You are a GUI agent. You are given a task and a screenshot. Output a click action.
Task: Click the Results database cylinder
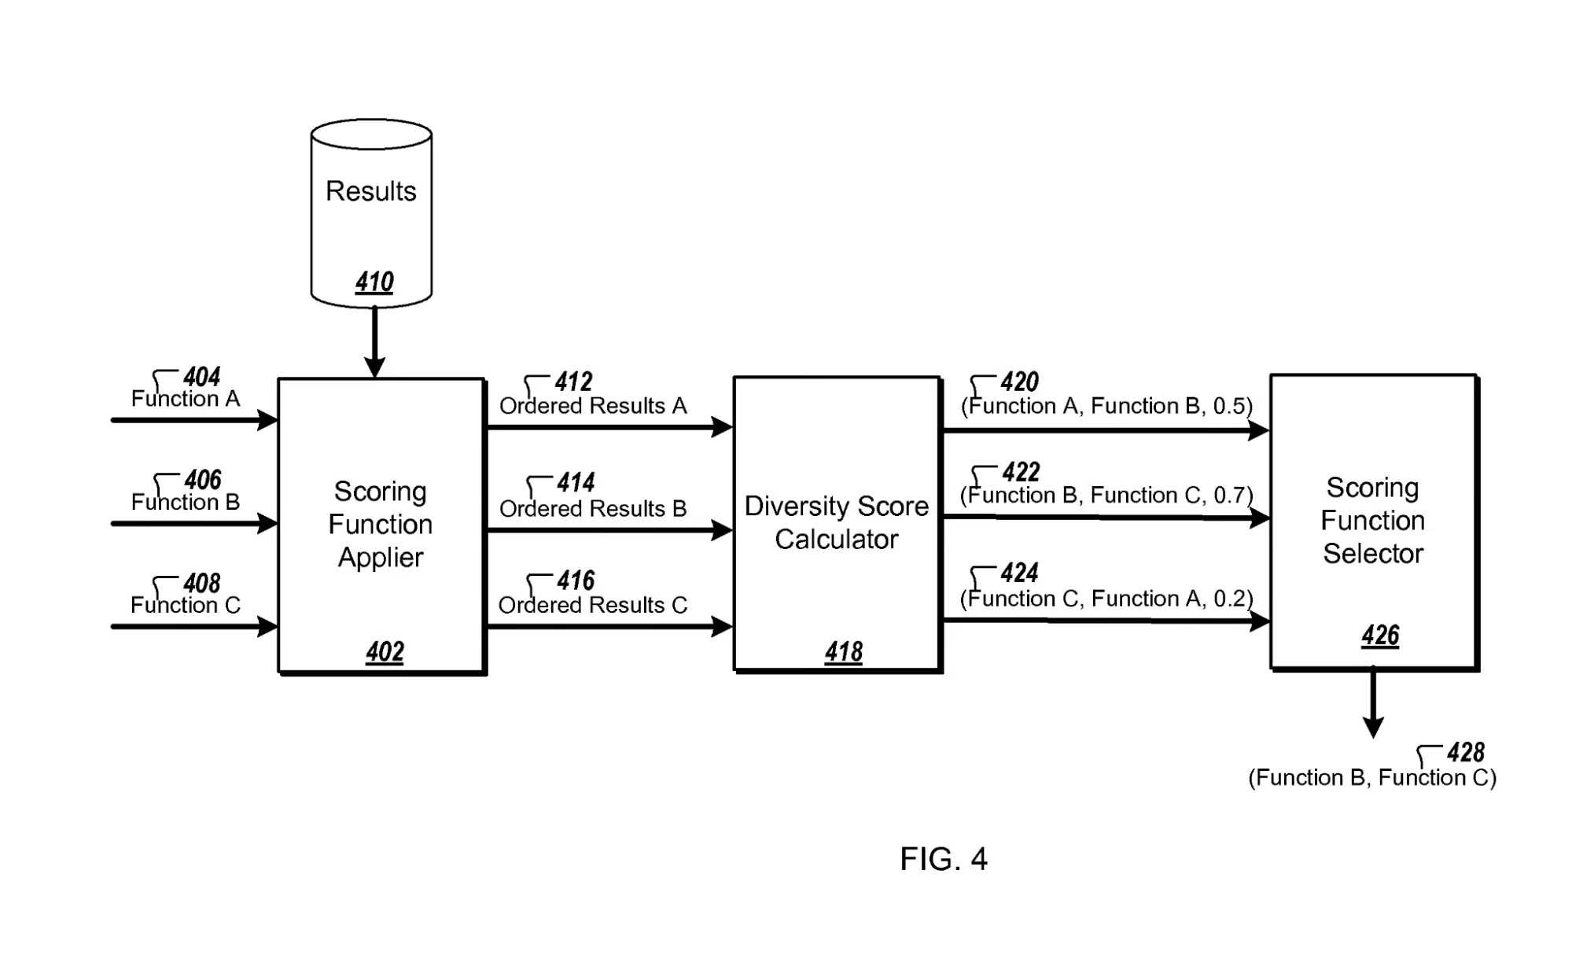(x=371, y=212)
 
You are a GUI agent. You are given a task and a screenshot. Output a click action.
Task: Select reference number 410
(x=374, y=282)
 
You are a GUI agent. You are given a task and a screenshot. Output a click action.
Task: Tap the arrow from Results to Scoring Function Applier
(x=374, y=342)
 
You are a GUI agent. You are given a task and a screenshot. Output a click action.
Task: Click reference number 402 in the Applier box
(x=385, y=651)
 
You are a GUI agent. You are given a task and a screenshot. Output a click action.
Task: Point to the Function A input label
(x=186, y=399)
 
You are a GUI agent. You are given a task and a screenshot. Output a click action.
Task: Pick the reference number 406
(x=203, y=479)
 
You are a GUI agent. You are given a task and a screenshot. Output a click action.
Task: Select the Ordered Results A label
(x=593, y=406)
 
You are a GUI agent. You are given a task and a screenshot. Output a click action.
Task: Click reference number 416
(x=576, y=581)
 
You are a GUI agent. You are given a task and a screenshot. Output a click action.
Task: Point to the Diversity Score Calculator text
(x=837, y=522)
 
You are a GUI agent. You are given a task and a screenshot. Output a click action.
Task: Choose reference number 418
(x=844, y=651)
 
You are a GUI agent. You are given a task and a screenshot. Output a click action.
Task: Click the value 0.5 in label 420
(x=1229, y=406)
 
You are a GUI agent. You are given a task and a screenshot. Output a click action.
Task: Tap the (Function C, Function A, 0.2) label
(x=1106, y=599)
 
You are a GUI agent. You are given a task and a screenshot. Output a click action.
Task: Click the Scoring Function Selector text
(x=1373, y=520)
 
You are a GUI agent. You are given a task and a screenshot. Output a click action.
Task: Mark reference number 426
(x=1380, y=635)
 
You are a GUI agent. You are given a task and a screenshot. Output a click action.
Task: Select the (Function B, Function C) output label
(x=1372, y=778)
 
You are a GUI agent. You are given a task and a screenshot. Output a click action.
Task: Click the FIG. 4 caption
(x=944, y=859)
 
